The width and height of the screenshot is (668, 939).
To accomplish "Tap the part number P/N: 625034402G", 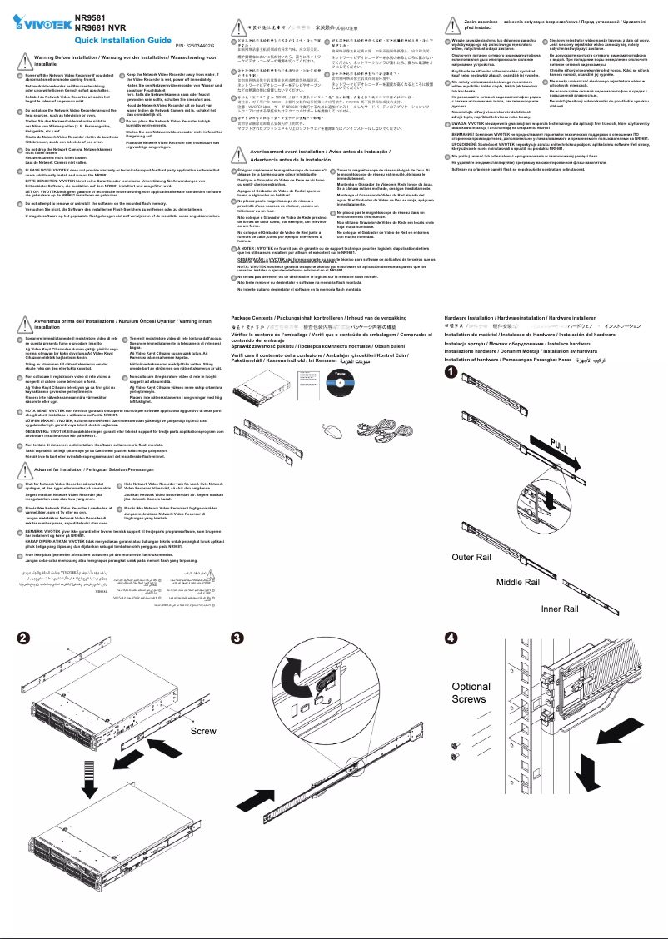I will click(195, 43).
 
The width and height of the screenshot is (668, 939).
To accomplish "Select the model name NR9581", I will click(91, 17).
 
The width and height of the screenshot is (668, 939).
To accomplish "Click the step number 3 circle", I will click(238, 638).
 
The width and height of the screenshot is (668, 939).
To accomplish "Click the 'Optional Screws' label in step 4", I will click(471, 693).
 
